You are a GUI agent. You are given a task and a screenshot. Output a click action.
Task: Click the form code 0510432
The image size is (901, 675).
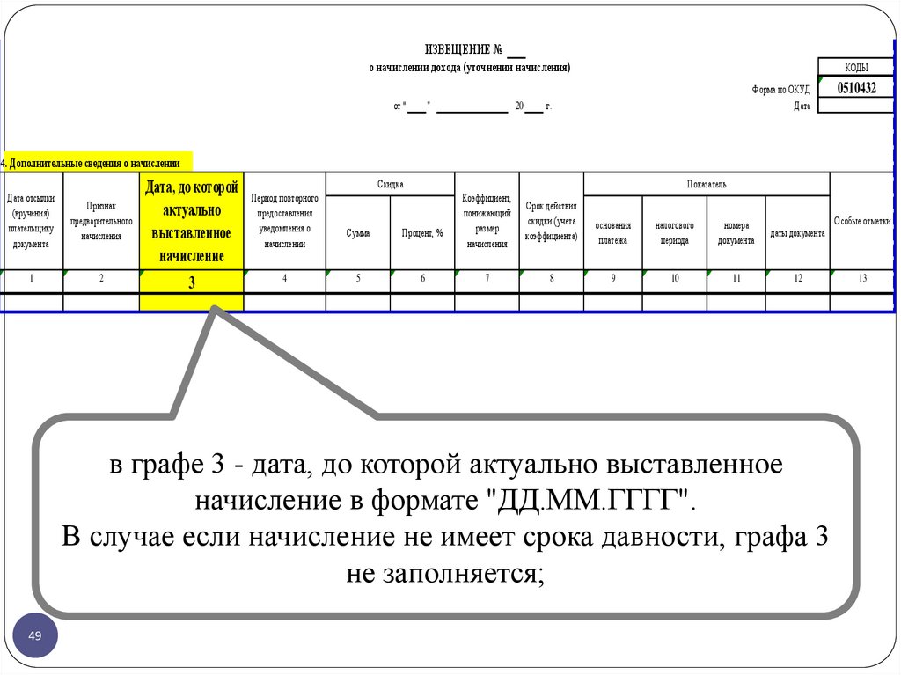(856, 87)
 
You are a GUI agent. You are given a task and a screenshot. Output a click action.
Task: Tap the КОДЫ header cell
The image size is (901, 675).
(856, 68)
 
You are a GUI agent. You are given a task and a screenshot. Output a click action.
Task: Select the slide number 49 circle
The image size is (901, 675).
(35, 636)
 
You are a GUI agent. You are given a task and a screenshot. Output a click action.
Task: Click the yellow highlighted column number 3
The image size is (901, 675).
(191, 282)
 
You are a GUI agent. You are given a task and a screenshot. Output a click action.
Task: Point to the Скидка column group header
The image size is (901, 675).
(390, 184)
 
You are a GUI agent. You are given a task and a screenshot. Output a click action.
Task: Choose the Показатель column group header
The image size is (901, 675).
(707, 184)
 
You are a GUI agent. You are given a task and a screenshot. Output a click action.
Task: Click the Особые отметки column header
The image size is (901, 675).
(862, 222)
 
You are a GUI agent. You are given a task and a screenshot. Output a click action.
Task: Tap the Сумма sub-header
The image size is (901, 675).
(358, 233)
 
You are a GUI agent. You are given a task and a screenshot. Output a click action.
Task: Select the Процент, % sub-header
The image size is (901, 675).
(422, 233)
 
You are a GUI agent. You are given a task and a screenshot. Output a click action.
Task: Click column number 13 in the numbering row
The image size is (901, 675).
(862, 279)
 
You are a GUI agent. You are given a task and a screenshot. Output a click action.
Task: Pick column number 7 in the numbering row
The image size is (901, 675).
(487, 279)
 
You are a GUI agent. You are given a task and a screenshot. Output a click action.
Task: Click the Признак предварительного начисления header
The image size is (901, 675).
(101, 221)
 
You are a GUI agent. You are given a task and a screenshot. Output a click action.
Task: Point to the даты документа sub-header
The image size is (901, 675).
(797, 233)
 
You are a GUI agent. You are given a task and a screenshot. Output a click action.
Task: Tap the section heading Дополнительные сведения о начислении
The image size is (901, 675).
(97, 163)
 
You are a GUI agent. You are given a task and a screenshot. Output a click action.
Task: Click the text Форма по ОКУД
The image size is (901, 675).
(780, 89)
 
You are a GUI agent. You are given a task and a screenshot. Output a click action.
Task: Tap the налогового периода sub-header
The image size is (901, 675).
(674, 233)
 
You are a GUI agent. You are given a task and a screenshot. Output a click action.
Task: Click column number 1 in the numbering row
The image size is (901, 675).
(32, 279)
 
